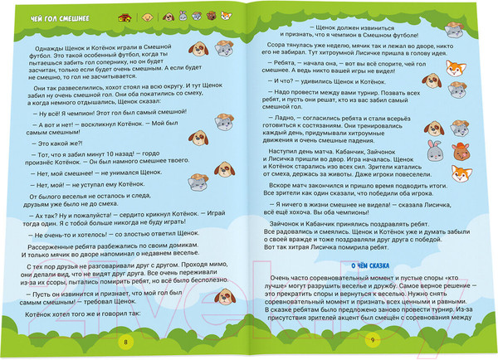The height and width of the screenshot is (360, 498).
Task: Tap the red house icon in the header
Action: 125,17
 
